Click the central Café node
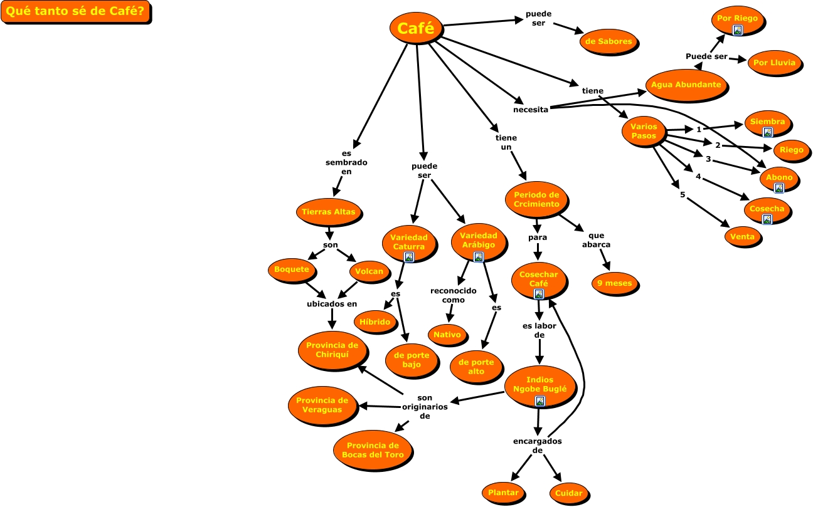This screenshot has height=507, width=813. (x=416, y=28)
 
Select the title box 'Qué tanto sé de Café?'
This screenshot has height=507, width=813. (x=75, y=13)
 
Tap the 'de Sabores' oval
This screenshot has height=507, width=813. (x=608, y=42)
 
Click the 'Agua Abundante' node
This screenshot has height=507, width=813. (x=686, y=85)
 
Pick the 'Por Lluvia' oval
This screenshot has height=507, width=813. (x=775, y=63)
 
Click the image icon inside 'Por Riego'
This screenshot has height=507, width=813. (x=738, y=29)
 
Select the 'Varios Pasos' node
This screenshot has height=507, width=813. (x=644, y=132)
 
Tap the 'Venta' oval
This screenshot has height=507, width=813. (x=743, y=237)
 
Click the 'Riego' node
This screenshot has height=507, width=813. (x=791, y=150)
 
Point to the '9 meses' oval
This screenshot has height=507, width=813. (x=615, y=284)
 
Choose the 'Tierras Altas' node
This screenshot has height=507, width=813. (x=328, y=212)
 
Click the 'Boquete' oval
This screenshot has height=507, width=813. (x=292, y=270)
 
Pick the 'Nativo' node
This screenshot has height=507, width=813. (x=447, y=335)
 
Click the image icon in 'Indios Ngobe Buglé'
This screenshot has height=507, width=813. (x=539, y=401)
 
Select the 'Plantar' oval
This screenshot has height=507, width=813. (x=503, y=493)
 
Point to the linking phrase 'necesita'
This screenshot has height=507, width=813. (x=531, y=109)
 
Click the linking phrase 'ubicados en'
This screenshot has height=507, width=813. (x=332, y=304)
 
